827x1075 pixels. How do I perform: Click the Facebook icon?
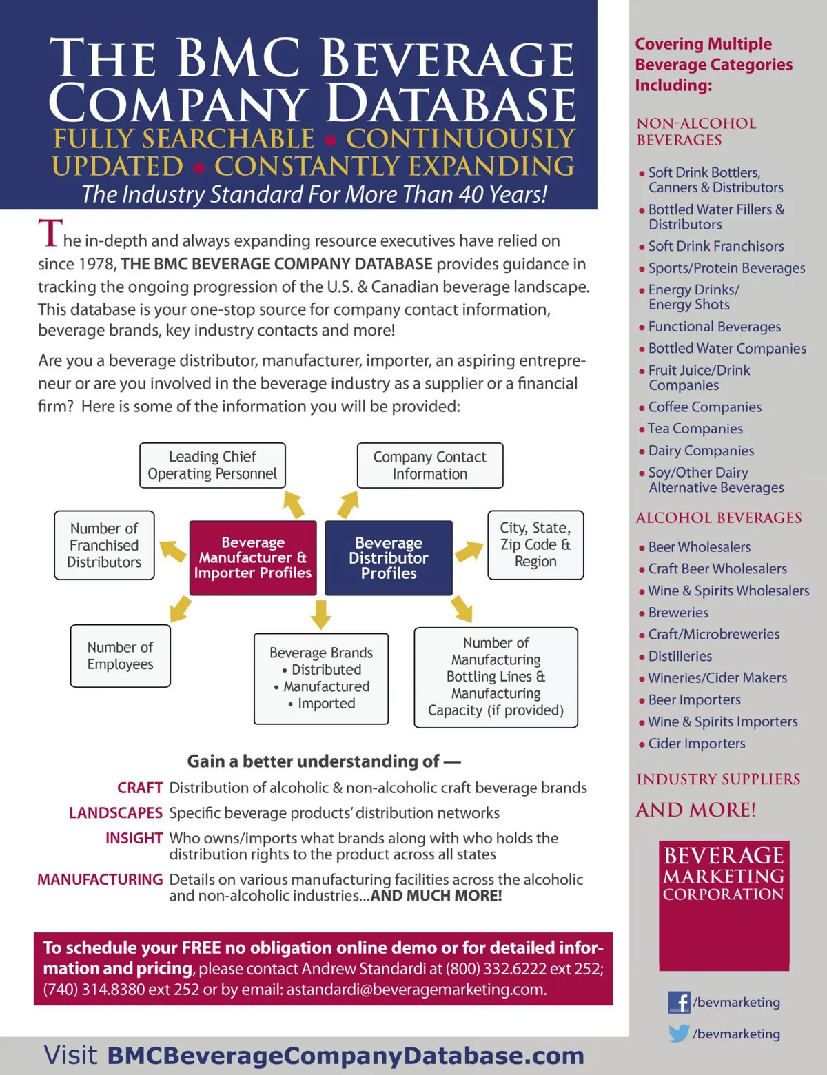[679, 1002]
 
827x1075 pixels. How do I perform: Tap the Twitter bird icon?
[679, 1034]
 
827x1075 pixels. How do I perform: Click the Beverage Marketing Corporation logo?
[724, 905]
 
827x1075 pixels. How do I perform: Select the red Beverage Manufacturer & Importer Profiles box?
[253, 557]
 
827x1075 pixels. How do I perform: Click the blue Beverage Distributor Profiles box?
[389, 557]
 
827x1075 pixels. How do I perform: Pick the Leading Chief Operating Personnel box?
[212, 465]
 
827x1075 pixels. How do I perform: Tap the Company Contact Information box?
[430, 465]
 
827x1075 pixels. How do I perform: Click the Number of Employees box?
[121, 655]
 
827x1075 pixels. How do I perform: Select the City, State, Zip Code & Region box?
[535, 544]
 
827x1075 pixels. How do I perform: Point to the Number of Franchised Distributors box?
[104, 545]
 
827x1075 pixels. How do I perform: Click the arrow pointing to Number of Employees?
[181, 608]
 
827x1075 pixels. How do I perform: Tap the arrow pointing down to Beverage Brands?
[321, 613]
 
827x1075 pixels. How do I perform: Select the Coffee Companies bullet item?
[704, 407]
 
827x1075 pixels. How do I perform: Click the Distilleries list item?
[680, 656]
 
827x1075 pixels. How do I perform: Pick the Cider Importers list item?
[696, 744]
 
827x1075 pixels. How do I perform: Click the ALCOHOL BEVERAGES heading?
[719, 518]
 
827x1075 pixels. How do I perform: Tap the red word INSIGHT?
[134, 838]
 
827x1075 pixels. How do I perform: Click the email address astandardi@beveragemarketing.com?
[416, 990]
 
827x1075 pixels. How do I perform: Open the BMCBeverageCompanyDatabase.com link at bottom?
[346, 1055]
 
